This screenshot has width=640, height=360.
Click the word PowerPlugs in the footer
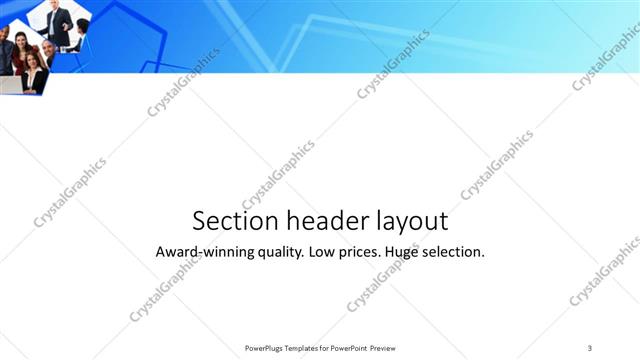pos(265,347)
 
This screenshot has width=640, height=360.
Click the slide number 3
pos(590,347)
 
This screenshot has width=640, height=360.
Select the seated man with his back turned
pos(80,35)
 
